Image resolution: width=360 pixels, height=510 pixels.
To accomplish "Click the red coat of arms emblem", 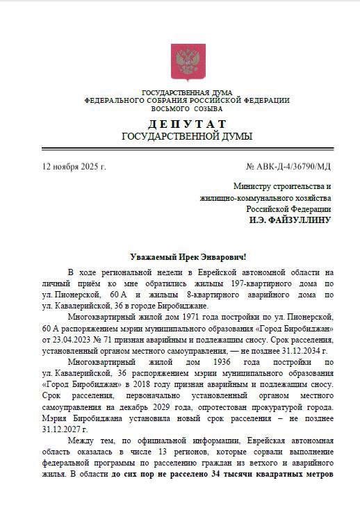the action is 188,62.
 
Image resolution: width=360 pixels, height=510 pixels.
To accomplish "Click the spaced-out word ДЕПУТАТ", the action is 187,123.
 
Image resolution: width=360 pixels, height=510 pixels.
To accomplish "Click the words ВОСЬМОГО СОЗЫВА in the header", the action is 187,108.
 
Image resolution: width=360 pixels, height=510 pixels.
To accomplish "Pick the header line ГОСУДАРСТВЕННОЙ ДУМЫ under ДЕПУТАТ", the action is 187,136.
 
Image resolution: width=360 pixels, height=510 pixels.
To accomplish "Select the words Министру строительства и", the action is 282,187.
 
